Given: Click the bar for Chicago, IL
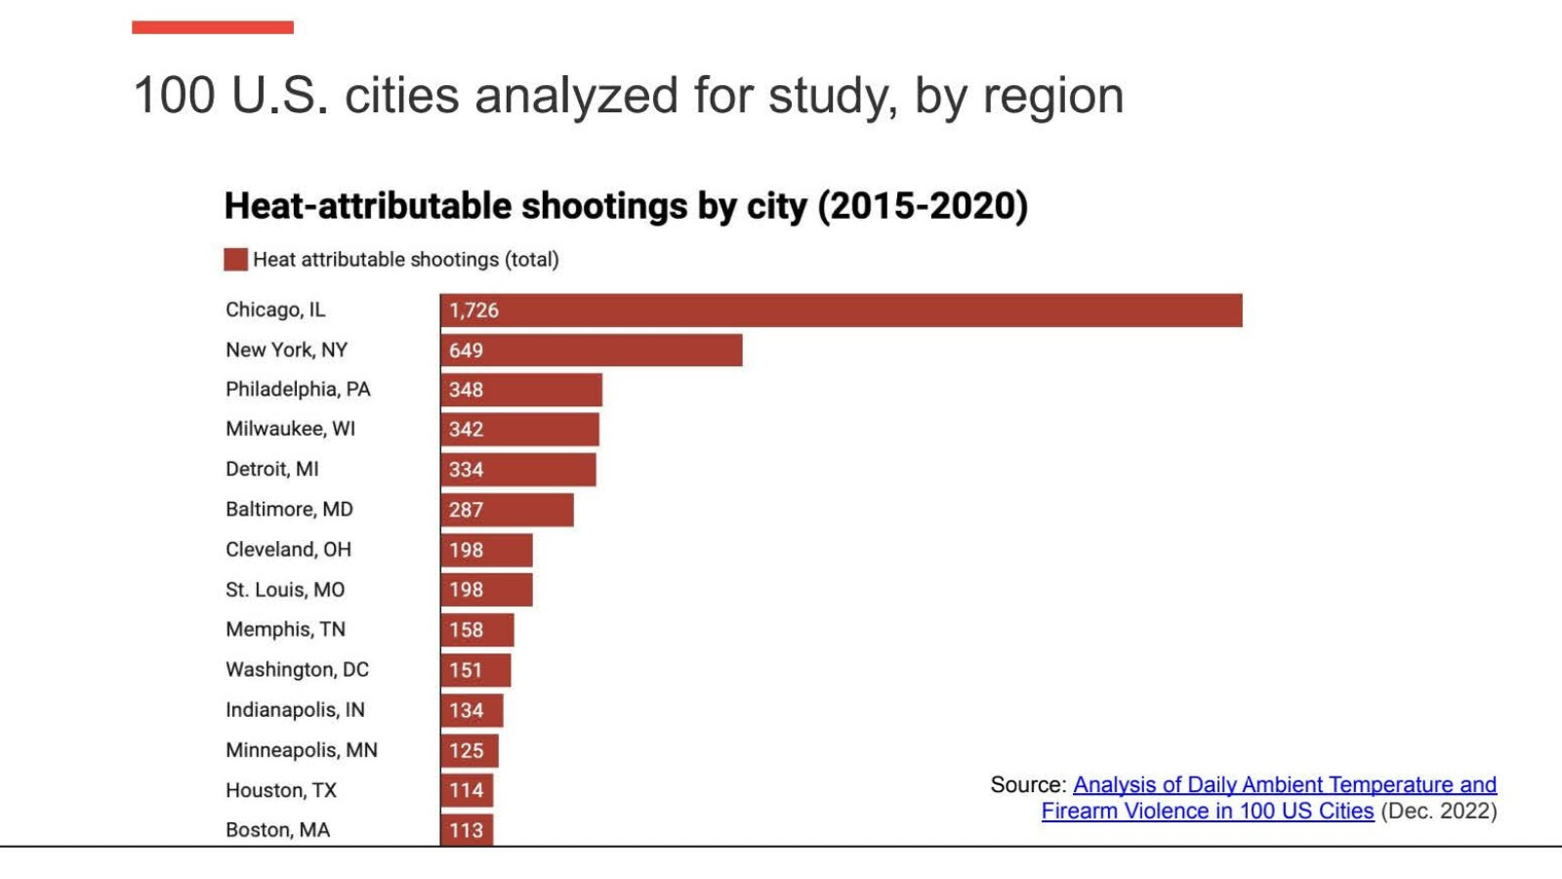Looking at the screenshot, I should pos(841,311).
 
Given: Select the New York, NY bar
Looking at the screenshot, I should pos(591,350).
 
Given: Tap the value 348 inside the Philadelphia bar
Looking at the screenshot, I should pos(466,390).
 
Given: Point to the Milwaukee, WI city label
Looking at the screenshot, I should pos(290,429).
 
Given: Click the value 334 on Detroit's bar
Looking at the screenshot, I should pos(466,470).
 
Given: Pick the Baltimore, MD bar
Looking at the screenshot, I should pos(507,510).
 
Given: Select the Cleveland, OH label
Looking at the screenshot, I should pos(288,549).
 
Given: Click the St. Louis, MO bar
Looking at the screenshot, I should pos(486,590).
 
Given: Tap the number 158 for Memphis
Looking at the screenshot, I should pos(466,630).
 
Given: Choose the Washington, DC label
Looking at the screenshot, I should pos(297,670).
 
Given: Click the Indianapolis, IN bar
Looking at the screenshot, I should pos(472,710).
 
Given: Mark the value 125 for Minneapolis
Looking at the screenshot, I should pos(466,750).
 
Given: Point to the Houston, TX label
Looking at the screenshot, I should pos(280,790).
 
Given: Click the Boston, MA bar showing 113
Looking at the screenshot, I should pos(467,829).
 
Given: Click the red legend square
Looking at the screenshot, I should pos(235,259).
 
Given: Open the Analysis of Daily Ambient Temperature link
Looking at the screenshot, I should pos(1284,785).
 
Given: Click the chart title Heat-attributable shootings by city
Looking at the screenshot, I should pos(626,206).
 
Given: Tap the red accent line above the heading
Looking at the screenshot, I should pos(213,27).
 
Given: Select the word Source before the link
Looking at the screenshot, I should pos(1026,785).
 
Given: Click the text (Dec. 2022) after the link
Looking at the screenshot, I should pos(1438,812).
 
